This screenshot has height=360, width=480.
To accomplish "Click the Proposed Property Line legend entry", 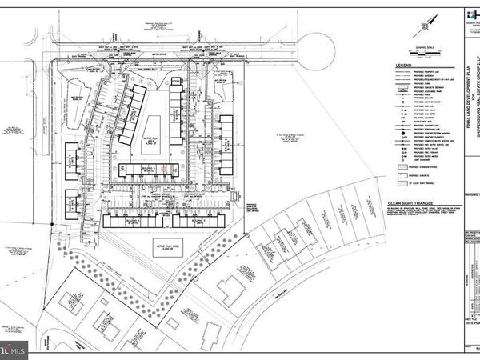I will coord(416,74).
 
